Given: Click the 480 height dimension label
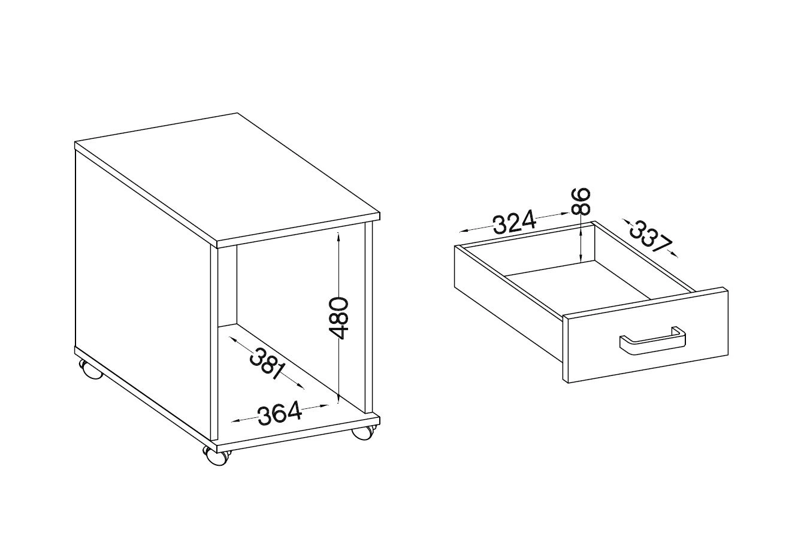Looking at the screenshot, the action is pyautogui.click(x=338, y=318).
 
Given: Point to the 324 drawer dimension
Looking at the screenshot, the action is pyautogui.click(x=515, y=222).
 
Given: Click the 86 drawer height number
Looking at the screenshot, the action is pyautogui.click(x=581, y=201).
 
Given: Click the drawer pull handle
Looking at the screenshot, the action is pyautogui.click(x=652, y=341).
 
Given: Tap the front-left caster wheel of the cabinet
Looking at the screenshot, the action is pyautogui.click(x=215, y=456).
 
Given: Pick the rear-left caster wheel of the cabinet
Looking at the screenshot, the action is pyautogui.click(x=90, y=369).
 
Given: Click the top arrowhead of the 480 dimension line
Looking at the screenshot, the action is pyautogui.click(x=338, y=237).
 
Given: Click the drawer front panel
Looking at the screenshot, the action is pyautogui.click(x=645, y=335).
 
